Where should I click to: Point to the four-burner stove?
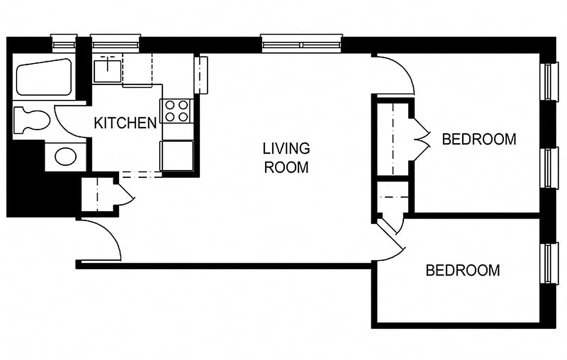click(x=176, y=111)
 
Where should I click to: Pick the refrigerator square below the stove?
click(x=177, y=155)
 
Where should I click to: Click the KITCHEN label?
click(x=125, y=123)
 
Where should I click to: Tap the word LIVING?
click(x=286, y=148)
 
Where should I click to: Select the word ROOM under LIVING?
click(x=286, y=167)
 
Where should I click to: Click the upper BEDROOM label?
click(x=479, y=139)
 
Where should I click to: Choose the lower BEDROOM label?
click(x=463, y=270)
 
